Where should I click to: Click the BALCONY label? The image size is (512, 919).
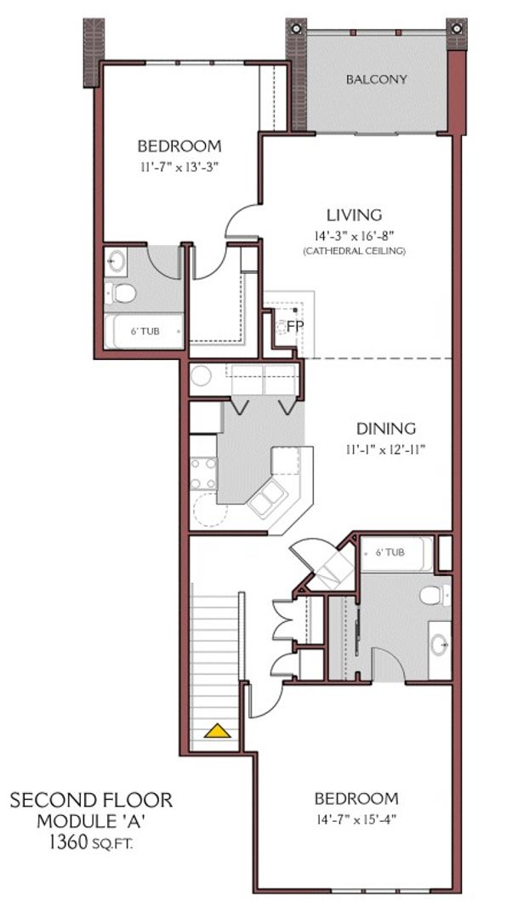pyautogui.click(x=376, y=79)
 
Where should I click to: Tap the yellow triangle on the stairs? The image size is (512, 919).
pyautogui.click(x=219, y=730)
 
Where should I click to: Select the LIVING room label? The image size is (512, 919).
pyautogui.click(x=355, y=215)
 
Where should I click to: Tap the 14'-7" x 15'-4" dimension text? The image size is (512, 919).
pyautogui.click(x=356, y=820)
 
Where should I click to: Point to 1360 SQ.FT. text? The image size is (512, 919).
pyautogui.click(x=90, y=843)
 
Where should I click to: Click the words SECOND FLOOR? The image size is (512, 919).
pyautogui.click(x=90, y=801)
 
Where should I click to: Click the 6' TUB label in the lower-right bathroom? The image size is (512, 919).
pyautogui.click(x=390, y=552)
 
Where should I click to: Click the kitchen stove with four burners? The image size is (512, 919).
pyautogui.click(x=203, y=473)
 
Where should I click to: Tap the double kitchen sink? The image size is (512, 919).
pyautogui.click(x=268, y=496)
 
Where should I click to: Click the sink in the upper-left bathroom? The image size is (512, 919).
pyautogui.click(x=117, y=262)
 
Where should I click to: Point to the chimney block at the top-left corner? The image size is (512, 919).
pyautogui.click(x=94, y=51)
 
